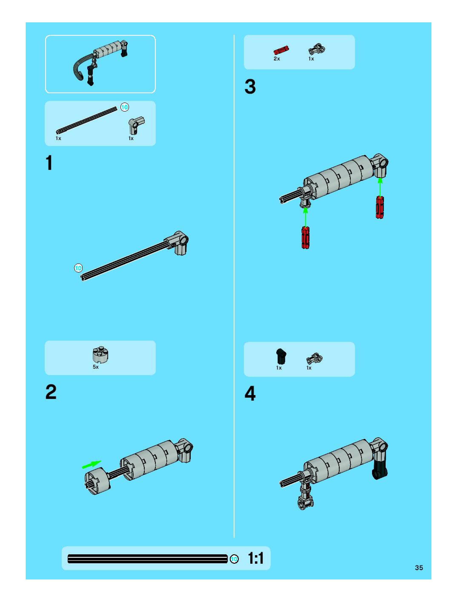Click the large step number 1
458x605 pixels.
(49, 163)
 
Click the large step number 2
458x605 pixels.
(51, 392)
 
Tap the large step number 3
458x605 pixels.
(250, 87)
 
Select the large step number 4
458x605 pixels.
(250, 394)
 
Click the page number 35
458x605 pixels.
(419, 568)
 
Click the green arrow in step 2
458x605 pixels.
(92, 464)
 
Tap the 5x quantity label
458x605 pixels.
(95, 367)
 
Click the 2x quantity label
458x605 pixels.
(277, 59)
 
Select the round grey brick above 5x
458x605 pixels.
(100, 354)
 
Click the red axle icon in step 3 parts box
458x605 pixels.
(281, 50)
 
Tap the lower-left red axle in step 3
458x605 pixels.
(306, 237)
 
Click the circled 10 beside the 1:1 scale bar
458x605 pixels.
(234, 559)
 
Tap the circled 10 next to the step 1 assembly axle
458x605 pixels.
(79, 268)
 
